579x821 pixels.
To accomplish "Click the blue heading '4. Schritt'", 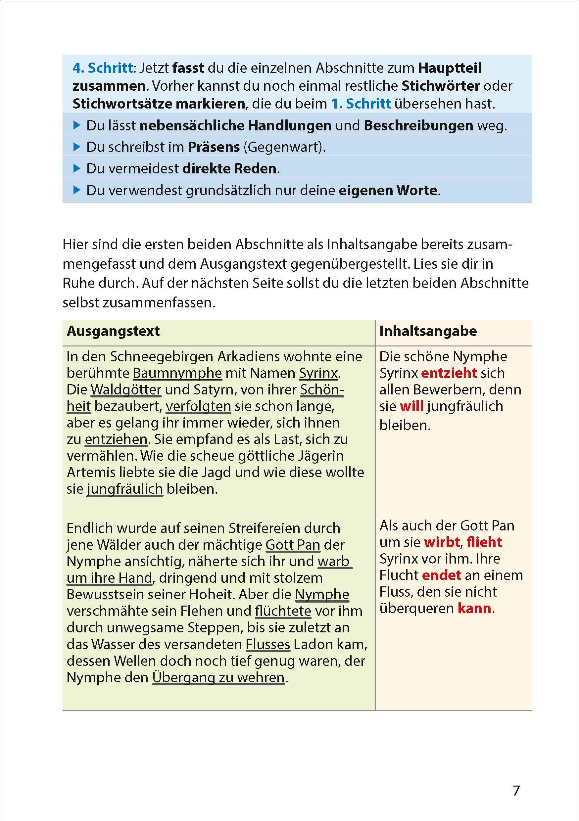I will click(102, 68).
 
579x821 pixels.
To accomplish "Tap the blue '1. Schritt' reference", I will click(361, 104).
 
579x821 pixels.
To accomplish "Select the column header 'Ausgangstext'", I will click(113, 331).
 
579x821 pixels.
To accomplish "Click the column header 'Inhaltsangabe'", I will click(428, 331).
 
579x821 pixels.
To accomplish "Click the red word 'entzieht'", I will click(449, 373).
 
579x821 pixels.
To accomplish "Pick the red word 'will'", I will click(411, 406).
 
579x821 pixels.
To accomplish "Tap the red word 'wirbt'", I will click(442, 542).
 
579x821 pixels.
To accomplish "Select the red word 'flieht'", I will click(484, 542).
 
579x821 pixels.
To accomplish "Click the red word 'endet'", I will click(441, 575).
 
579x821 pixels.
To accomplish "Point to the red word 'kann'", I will click(474, 608).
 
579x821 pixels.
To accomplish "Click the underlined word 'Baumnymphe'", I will click(177, 373).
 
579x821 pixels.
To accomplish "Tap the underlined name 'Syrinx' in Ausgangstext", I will click(318, 373).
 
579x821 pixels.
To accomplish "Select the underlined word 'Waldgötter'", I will click(126, 390).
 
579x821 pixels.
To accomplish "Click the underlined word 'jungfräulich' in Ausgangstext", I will click(125, 489).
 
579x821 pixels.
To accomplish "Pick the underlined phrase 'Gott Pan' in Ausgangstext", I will click(293, 545).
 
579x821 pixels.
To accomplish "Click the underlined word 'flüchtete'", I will click(283, 611).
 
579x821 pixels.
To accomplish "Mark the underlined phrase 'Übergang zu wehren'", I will click(218, 677).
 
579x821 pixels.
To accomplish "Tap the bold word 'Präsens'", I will click(214, 147).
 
